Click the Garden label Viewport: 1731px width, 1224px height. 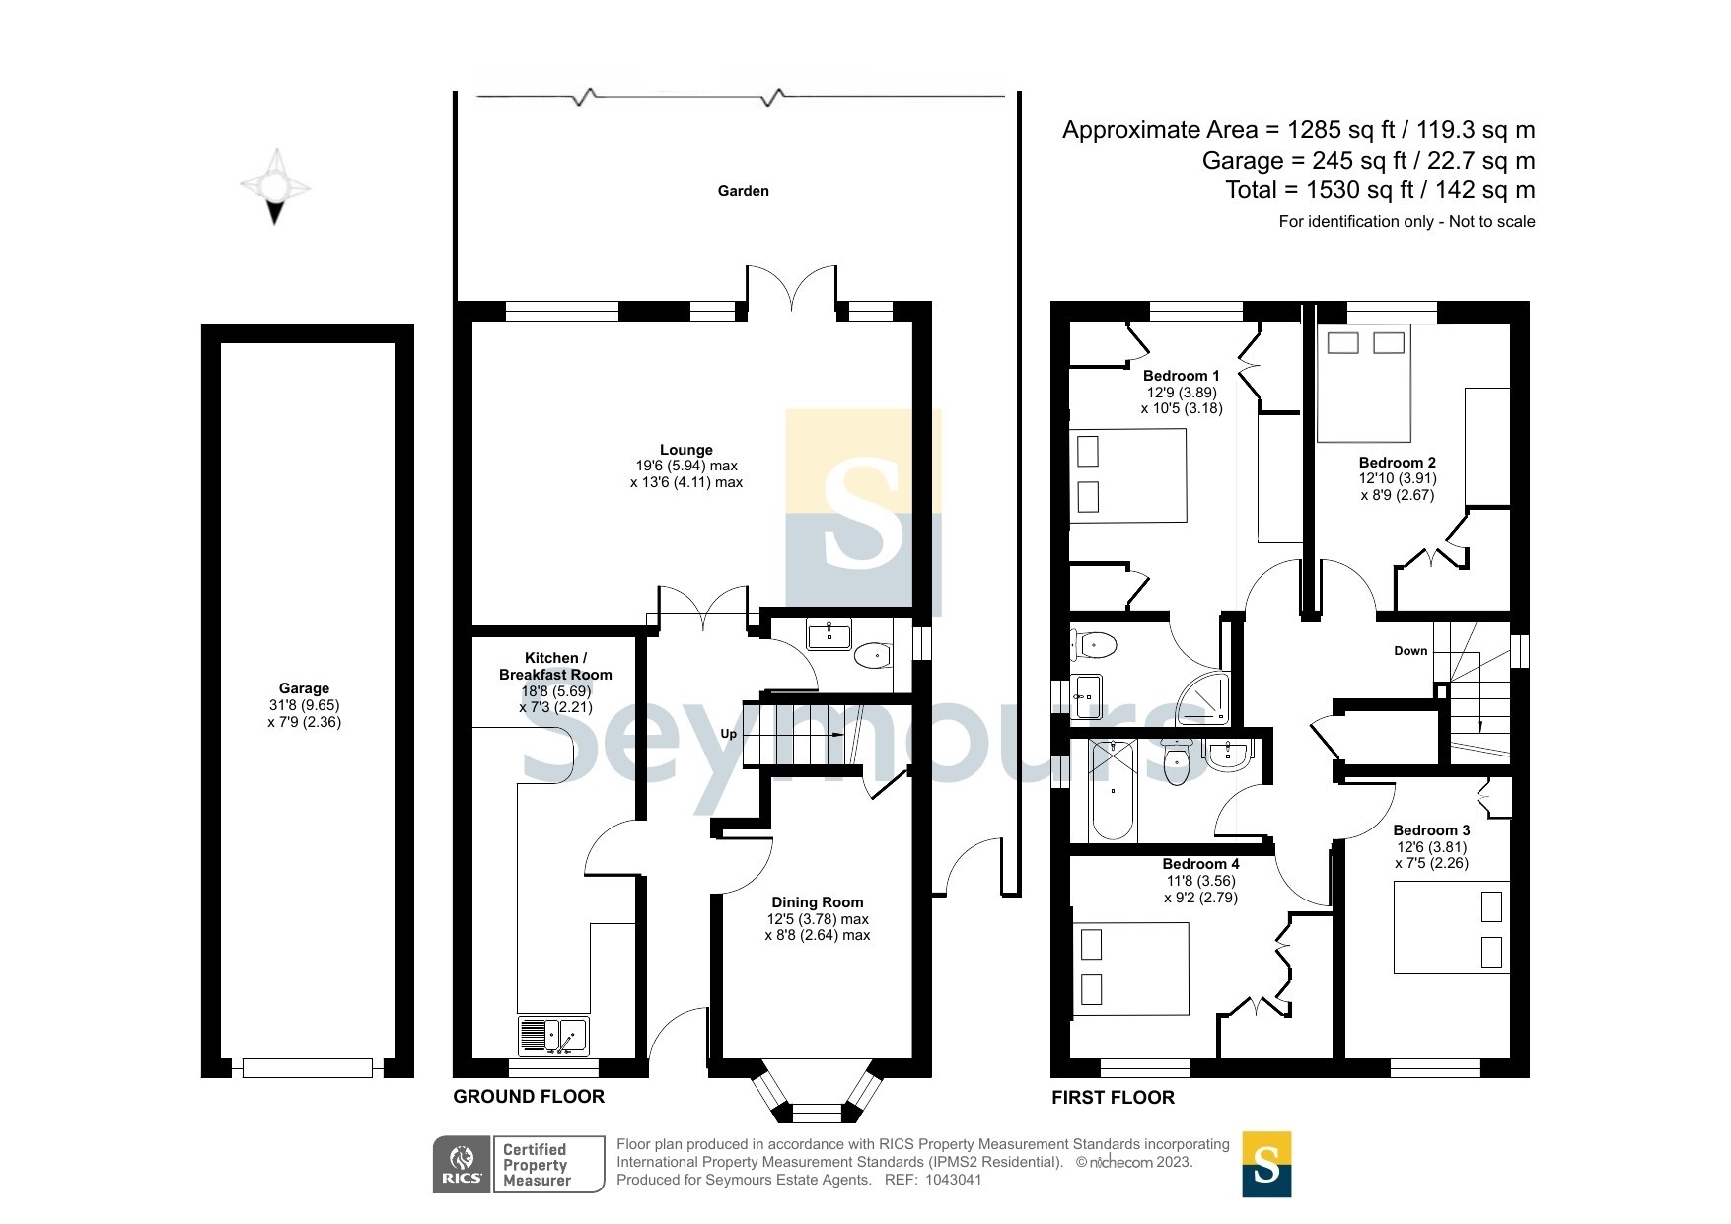click(x=743, y=191)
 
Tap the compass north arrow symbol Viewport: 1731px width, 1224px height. click(x=275, y=186)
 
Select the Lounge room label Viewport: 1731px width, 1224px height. click(x=686, y=450)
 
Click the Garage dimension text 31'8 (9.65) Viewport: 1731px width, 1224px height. click(x=304, y=705)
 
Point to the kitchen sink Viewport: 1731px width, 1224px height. click(x=553, y=1036)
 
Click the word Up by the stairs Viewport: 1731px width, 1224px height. click(x=729, y=734)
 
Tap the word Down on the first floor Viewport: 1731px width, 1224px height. click(x=1410, y=651)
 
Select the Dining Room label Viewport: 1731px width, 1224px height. click(x=818, y=902)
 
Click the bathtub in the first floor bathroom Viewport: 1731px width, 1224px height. click(x=1113, y=791)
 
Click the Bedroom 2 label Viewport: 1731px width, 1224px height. click(x=1398, y=463)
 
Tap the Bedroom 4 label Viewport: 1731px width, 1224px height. click(x=1201, y=864)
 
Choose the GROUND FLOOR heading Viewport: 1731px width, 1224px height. click(x=529, y=1097)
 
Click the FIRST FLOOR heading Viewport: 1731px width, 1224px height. click(x=1113, y=1098)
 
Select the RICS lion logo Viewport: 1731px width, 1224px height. click(x=463, y=1165)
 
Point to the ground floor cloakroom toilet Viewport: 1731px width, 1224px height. click(x=872, y=655)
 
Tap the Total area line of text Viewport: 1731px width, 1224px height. click(x=1380, y=190)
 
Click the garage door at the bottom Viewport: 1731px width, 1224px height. click(x=308, y=1068)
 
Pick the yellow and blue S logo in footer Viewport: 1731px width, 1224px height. click(x=1266, y=1164)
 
